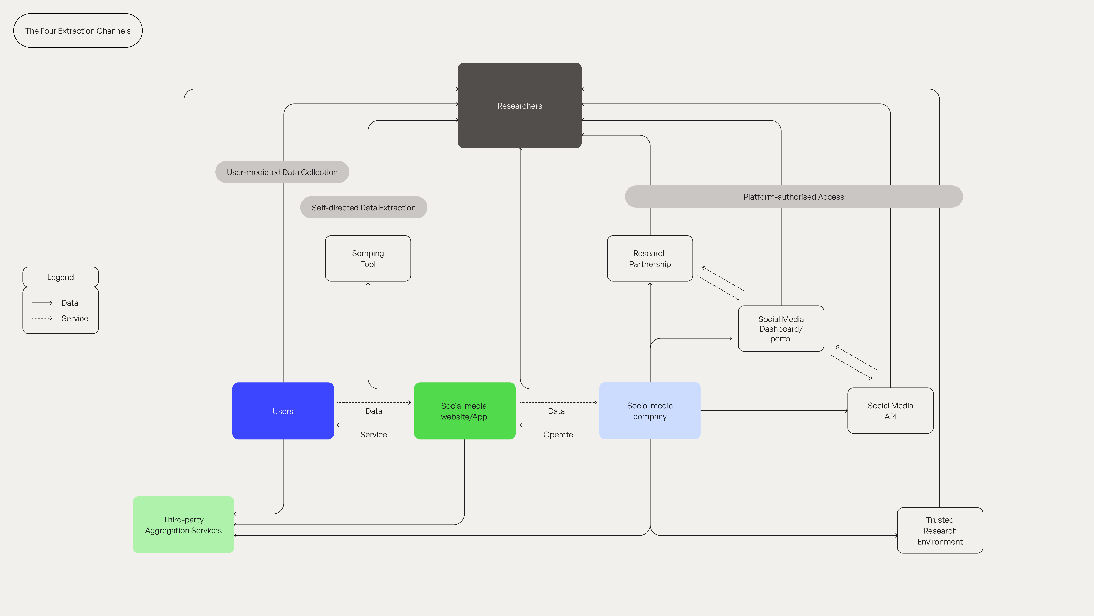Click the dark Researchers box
[x=519, y=106]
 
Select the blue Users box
[x=283, y=411]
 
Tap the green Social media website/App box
[x=464, y=411]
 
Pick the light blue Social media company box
[x=649, y=411]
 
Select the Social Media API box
[x=890, y=411]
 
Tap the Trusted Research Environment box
[x=939, y=530]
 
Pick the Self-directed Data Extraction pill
[x=364, y=207]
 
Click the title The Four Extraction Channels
[x=78, y=31]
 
